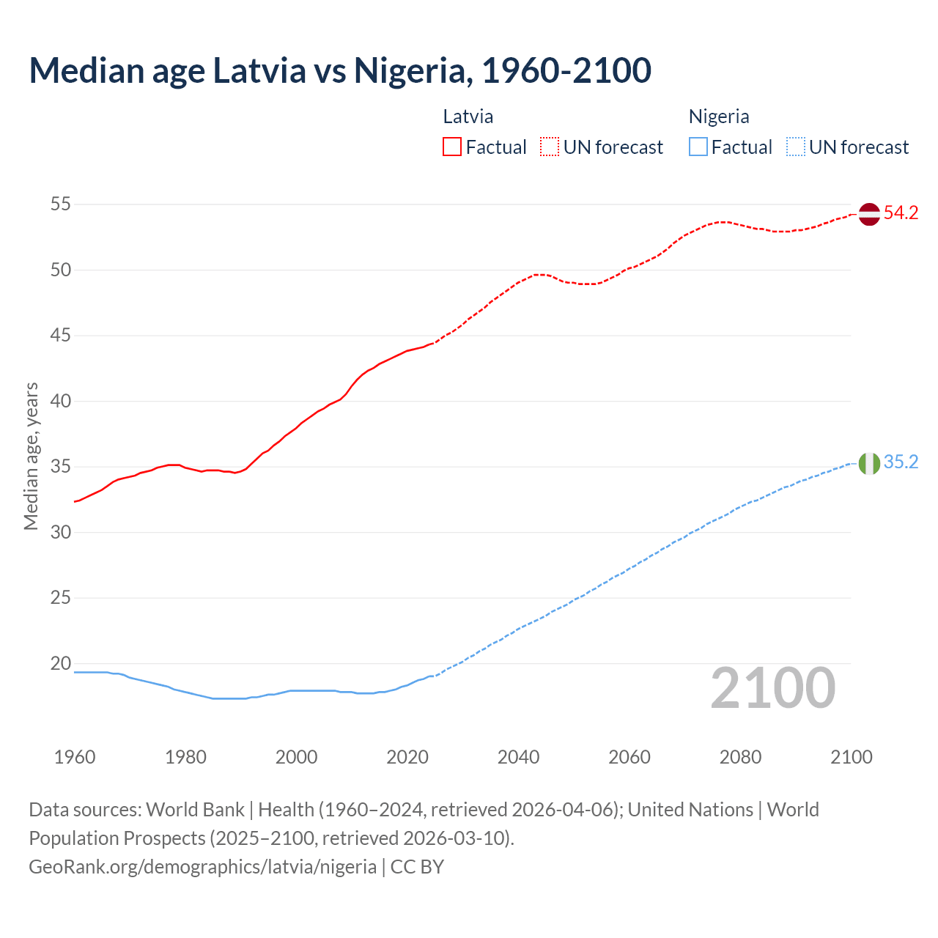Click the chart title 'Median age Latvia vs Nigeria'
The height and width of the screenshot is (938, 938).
click(340, 71)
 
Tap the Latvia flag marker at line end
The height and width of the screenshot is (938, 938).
click(868, 214)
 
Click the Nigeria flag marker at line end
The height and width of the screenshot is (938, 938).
click(868, 463)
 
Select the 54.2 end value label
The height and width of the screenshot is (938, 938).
click(901, 213)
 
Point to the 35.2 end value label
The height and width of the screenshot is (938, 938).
click(901, 462)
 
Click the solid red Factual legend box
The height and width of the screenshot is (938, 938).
click(452, 147)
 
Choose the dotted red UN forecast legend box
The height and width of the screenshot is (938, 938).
click(550, 147)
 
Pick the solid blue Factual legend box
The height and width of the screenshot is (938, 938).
click(698, 147)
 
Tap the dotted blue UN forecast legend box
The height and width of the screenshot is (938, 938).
click(795, 147)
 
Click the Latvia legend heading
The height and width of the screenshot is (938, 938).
click(468, 117)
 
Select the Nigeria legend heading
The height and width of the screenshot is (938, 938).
click(718, 117)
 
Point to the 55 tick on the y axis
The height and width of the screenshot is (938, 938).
click(61, 204)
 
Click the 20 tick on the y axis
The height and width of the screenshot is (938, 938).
click(61, 664)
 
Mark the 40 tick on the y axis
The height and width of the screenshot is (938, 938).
click(61, 402)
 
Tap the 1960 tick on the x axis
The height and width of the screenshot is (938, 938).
click(75, 757)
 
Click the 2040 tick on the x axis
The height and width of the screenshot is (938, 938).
click(518, 757)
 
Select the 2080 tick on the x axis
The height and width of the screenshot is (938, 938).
click(740, 757)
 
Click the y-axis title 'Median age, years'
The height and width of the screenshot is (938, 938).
click(31, 456)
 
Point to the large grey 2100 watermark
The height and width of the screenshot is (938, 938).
click(772, 688)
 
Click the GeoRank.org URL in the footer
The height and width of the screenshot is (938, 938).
click(202, 867)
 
